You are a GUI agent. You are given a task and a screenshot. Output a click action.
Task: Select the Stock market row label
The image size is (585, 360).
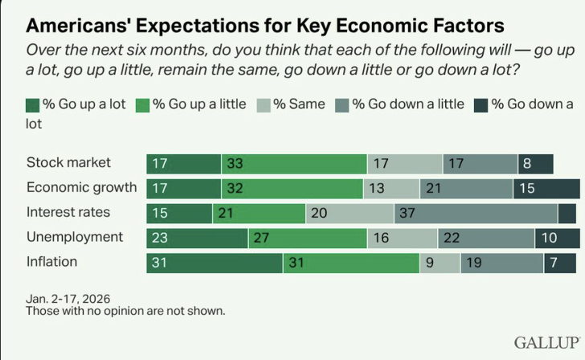68,163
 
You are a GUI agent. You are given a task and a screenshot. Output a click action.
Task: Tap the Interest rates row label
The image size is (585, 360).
68,213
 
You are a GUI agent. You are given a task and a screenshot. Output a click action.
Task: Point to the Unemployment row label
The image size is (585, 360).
75,237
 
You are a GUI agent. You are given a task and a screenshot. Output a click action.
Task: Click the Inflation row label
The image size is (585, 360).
52,262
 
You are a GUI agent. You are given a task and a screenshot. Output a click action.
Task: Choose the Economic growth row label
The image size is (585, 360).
81,188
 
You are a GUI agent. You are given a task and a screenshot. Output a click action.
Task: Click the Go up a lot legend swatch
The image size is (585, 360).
33,104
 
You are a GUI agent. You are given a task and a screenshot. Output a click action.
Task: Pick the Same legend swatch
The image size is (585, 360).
264,104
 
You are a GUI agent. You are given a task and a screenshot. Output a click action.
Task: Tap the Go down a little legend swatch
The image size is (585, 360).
342,104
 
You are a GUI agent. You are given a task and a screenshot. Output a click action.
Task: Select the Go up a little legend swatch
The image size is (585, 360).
141,104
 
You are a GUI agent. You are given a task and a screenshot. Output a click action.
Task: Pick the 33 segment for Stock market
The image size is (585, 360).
294,164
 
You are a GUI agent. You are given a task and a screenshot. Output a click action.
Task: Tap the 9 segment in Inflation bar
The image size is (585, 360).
440,263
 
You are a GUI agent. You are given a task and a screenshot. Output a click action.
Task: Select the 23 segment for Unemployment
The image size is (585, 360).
197,238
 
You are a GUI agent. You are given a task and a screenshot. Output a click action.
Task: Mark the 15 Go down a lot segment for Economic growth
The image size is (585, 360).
546,189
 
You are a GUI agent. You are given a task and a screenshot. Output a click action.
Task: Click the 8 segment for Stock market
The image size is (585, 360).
535,164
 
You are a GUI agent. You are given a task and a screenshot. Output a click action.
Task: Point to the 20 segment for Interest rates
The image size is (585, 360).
350,213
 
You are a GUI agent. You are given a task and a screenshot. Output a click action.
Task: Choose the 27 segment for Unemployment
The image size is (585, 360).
307,238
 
